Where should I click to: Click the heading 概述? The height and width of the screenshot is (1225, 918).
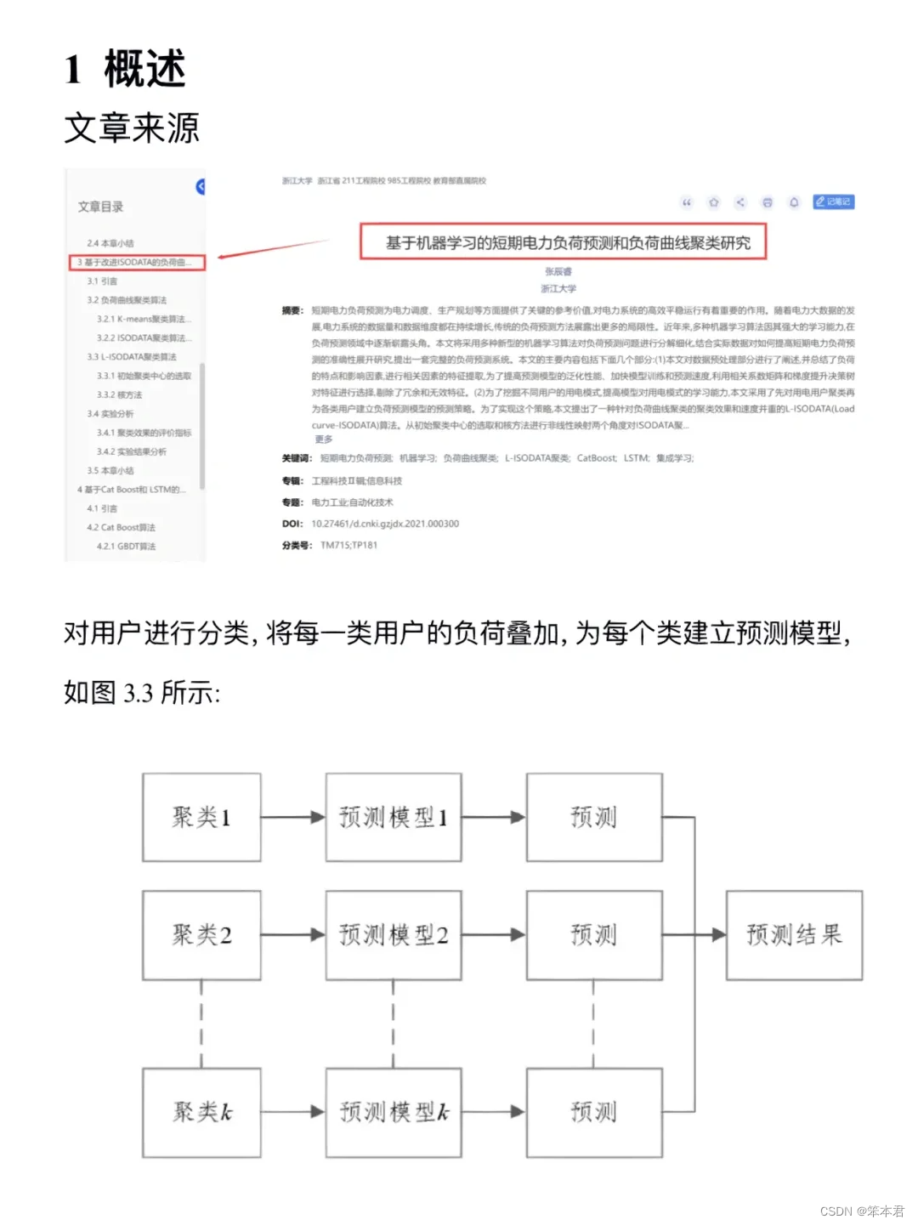pyautogui.click(x=144, y=69)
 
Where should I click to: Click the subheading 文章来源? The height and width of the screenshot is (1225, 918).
pyautogui.click(x=132, y=128)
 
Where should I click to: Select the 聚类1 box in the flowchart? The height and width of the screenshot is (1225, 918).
pyautogui.click(x=201, y=817)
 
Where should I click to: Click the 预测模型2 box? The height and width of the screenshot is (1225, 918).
pyautogui.click(x=394, y=934)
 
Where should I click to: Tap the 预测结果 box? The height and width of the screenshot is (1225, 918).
pyautogui.click(x=794, y=934)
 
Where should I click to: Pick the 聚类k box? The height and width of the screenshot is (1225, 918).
pyautogui.click(x=201, y=1111)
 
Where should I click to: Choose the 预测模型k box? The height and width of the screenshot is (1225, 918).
pyautogui.click(x=394, y=1111)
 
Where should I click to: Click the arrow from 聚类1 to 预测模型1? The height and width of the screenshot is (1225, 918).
pyautogui.click(x=292, y=817)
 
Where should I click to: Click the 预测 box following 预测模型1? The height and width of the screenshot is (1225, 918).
pyautogui.click(x=593, y=817)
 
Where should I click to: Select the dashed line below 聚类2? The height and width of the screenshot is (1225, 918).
pyautogui.click(x=201, y=1024)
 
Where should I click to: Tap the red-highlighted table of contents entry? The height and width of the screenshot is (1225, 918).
pyautogui.click(x=138, y=262)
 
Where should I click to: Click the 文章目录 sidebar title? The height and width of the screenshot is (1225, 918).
pyautogui.click(x=100, y=207)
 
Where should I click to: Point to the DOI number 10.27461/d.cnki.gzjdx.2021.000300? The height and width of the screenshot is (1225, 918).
pyautogui.click(x=385, y=524)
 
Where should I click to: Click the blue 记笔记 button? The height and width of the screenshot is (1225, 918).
pyautogui.click(x=833, y=201)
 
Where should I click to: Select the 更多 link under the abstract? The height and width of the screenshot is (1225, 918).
pyautogui.click(x=324, y=440)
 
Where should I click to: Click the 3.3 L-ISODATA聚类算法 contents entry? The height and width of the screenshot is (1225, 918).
pyautogui.click(x=132, y=357)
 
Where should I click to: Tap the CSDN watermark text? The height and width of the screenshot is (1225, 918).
pyautogui.click(x=862, y=1211)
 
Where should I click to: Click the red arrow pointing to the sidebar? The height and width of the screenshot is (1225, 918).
pyautogui.click(x=272, y=248)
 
